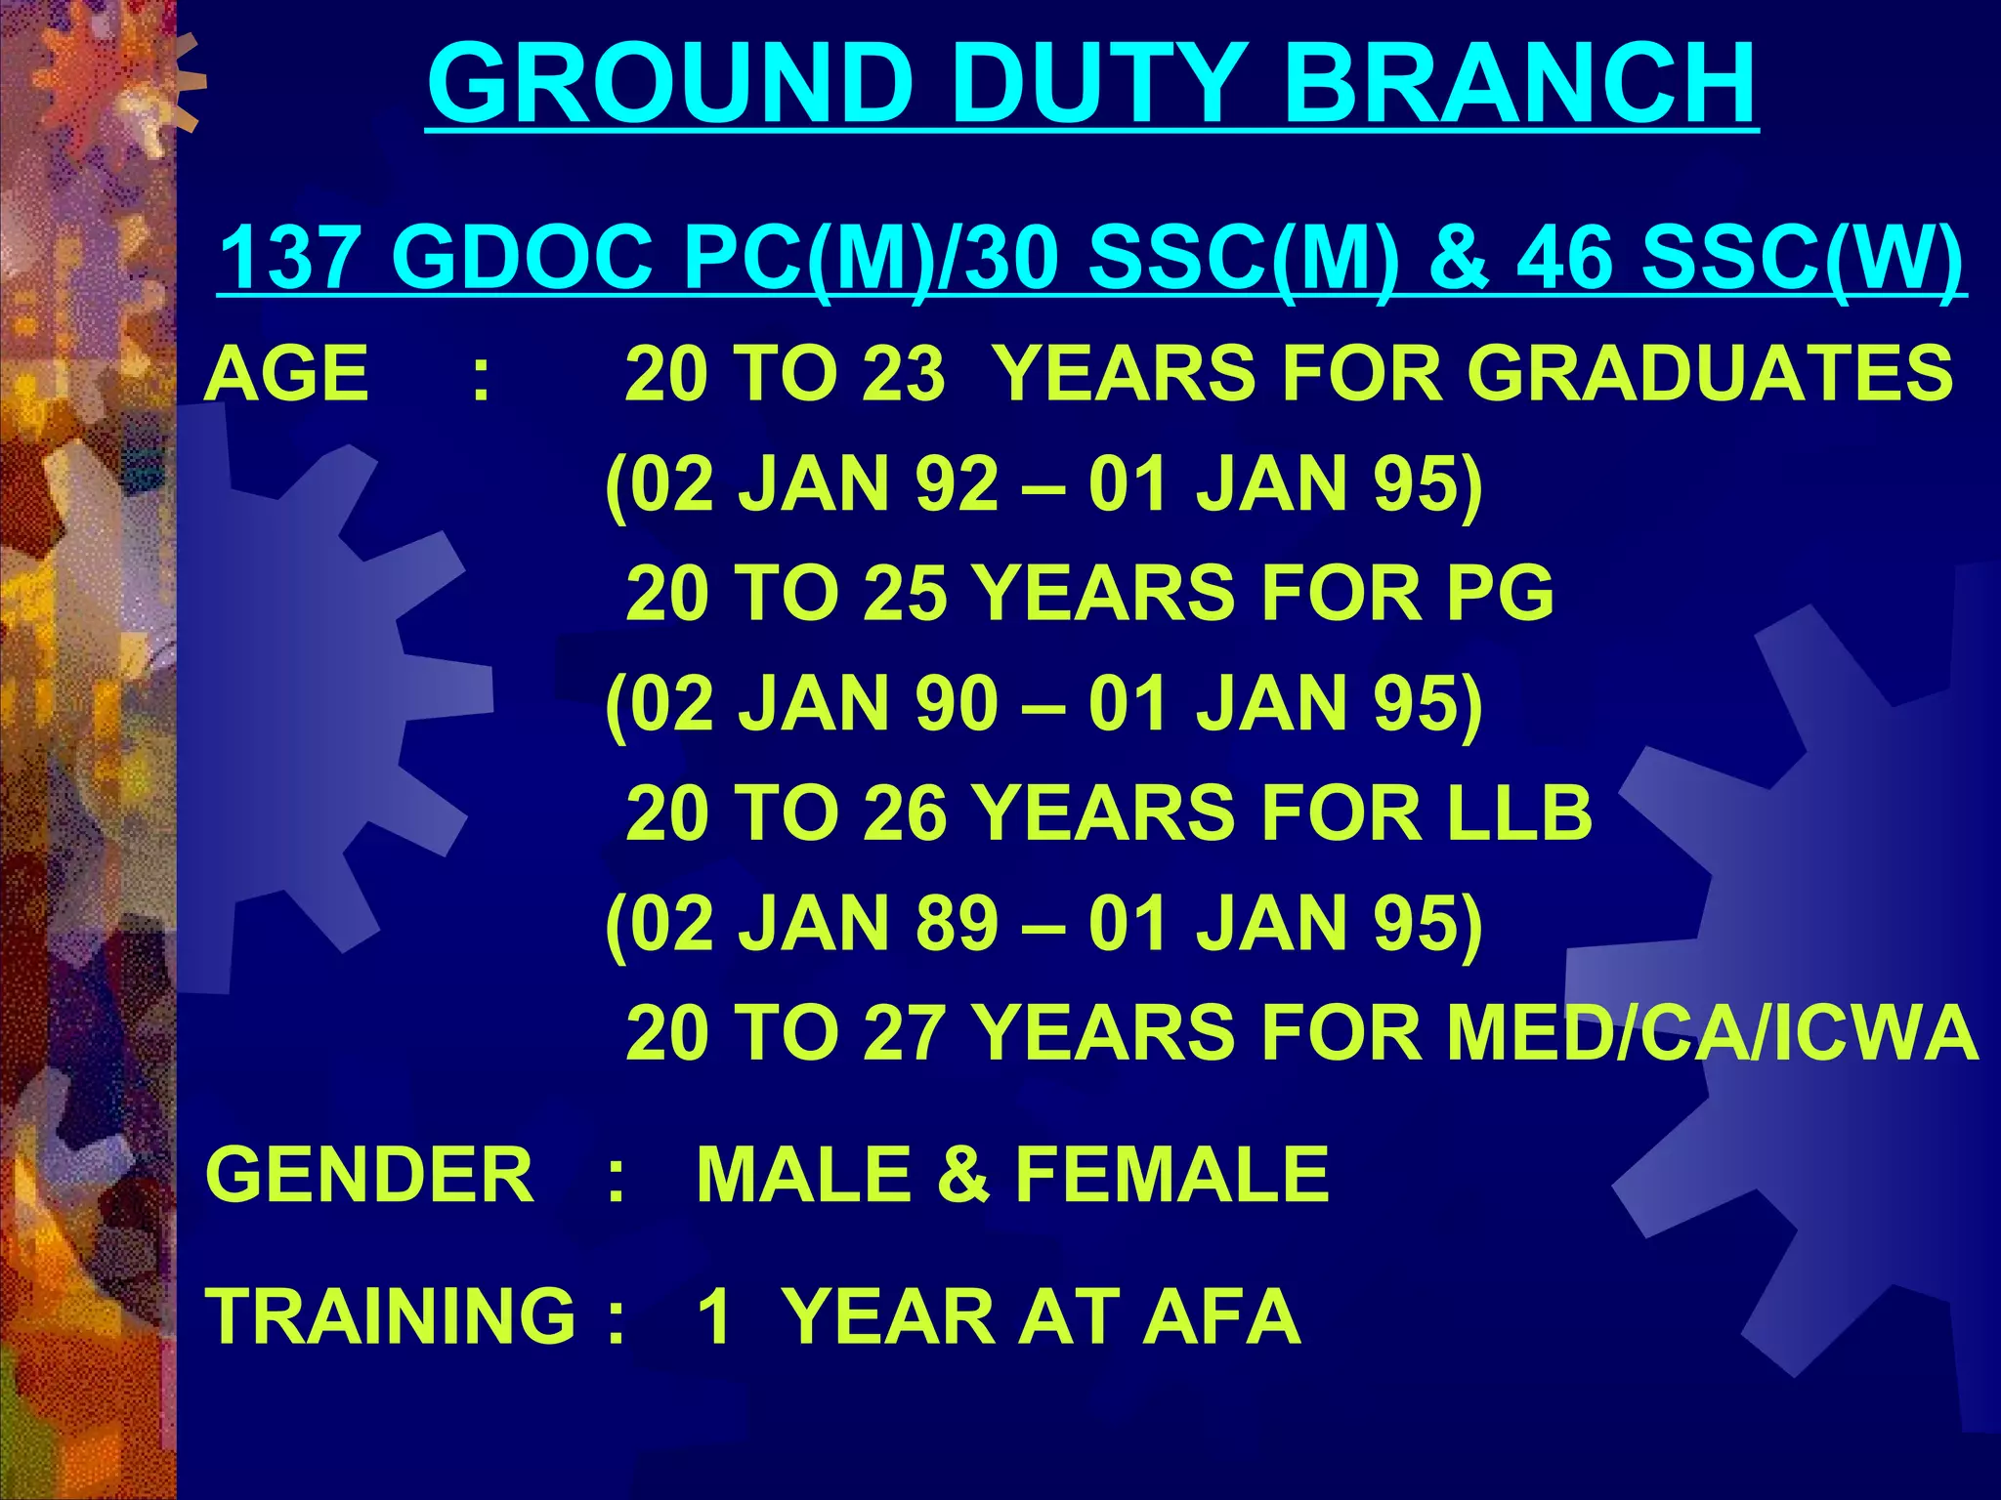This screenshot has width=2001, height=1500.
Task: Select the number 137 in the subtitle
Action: (288, 258)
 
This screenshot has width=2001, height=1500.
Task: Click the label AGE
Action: (287, 373)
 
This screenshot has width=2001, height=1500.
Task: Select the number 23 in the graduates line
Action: (904, 373)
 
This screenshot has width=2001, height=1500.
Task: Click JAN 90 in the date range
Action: (870, 703)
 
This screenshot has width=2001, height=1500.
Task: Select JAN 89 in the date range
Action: (870, 923)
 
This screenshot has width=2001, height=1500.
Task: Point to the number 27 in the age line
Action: (904, 1033)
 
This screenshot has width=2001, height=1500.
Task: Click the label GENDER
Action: (370, 1175)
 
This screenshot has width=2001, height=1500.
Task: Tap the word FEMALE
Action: (1172, 1175)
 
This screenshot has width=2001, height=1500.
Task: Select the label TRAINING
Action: (391, 1315)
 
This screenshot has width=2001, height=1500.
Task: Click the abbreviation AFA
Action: (1221, 1315)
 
